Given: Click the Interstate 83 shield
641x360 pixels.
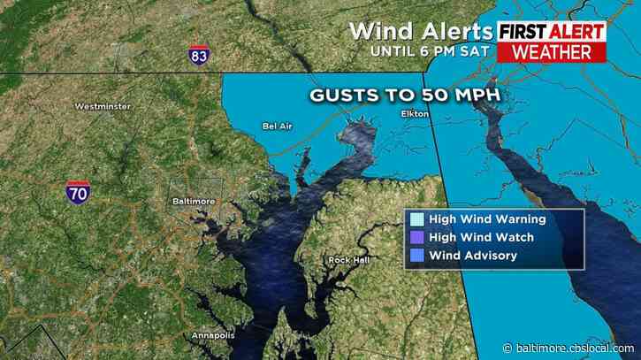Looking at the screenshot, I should point(200,56).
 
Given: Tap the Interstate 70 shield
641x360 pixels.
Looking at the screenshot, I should point(77,193).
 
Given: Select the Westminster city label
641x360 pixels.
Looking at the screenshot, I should point(103,107).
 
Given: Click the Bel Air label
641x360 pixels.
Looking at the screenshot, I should point(278,126).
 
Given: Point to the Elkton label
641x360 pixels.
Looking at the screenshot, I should point(414,114).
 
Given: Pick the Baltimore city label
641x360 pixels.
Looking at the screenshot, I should point(193,202).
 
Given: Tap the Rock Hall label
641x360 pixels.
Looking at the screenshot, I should point(345,259).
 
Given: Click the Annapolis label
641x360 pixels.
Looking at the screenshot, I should point(212,335).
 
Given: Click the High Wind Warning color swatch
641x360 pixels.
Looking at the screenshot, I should point(416,219).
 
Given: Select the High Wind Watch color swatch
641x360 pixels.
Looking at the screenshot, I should point(416,237).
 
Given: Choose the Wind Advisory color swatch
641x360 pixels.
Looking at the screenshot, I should point(416,256).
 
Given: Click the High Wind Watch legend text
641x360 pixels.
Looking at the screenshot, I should point(485,237).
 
